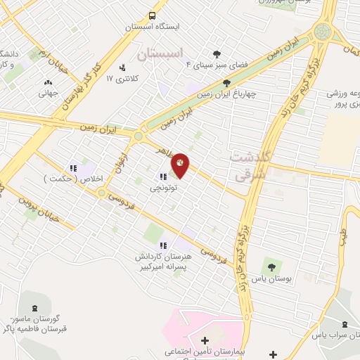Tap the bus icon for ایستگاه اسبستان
152,15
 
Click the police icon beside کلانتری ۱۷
123,68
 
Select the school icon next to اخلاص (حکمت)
72,167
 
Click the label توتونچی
163,188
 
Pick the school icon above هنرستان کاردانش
163,245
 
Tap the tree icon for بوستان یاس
271,266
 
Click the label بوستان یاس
271,278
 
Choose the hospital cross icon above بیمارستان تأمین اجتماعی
204,340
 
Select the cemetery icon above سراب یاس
344,324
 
